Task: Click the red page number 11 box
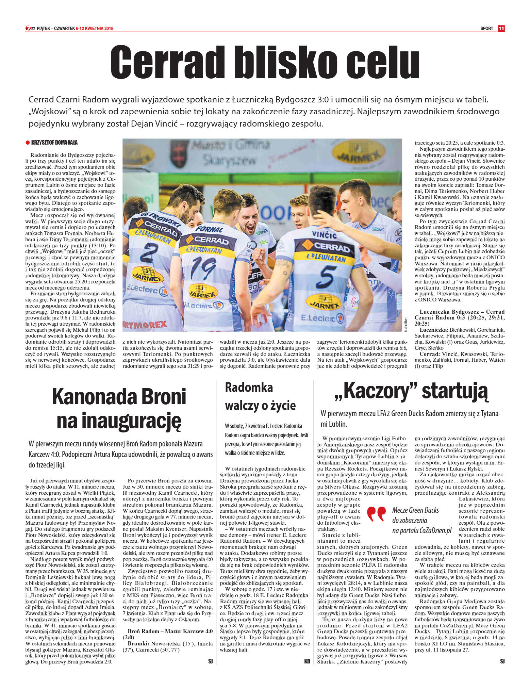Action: coord(501,29)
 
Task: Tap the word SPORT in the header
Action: coord(487,29)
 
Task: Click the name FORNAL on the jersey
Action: coord(209,229)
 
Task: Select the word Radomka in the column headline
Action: coord(249,388)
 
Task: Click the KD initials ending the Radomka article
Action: coord(307,661)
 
